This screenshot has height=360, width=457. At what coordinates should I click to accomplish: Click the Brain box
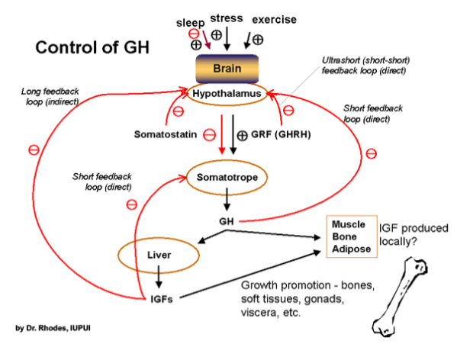tap(227, 69)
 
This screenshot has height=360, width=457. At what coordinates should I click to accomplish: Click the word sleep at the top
tap(190, 23)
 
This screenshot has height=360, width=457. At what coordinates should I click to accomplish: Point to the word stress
tap(227, 18)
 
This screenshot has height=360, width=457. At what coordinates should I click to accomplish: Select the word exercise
tap(274, 20)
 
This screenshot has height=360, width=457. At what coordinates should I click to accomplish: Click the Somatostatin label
tap(166, 134)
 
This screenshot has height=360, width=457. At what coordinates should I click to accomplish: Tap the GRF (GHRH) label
tap(281, 134)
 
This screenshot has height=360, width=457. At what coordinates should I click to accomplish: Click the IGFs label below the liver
tap(162, 299)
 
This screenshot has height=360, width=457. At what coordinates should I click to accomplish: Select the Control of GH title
tap(92, 47)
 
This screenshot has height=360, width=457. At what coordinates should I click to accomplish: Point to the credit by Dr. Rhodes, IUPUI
tap(53, 328)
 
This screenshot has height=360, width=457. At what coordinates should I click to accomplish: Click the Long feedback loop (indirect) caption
tap(50, 96)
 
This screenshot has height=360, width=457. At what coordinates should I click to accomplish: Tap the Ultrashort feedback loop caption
tap(365, 66)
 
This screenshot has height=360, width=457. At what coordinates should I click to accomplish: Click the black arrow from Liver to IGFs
tap(159, 277)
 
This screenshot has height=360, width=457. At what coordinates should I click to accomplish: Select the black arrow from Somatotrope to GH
tap(227, 199)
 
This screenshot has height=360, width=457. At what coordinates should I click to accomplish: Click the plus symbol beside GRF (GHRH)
tap(242, 136)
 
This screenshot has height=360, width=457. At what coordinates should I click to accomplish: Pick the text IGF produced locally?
tap(414, 235)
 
